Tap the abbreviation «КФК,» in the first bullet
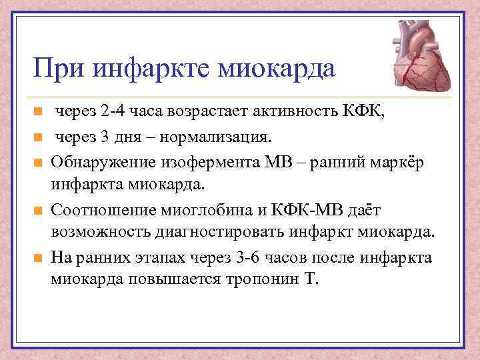pos(363,111)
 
